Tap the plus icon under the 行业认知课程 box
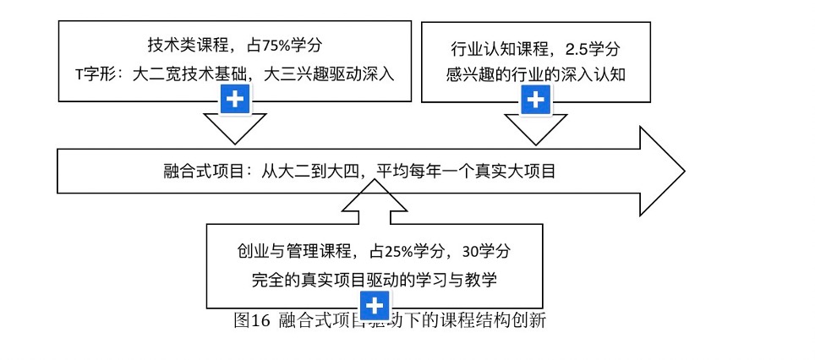534,100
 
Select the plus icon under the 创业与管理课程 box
375,305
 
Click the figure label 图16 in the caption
252,320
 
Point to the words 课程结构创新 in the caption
506,320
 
